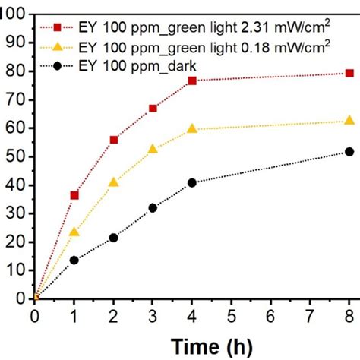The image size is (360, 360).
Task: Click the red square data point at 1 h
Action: click(x=74, y=195)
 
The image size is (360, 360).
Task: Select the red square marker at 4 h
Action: click(x=192, y=81)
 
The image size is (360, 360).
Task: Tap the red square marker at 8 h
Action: click(x=349, y=74)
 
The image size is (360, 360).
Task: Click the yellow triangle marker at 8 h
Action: click(x=349, y=120)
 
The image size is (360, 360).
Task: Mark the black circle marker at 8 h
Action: click(x=349, y=152)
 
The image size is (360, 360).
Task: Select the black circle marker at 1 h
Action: click(x=74, y=260)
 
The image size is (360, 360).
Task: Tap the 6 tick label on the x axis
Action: click(x=271, y=314)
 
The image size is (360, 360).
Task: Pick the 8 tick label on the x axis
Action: click(x=349, y=314)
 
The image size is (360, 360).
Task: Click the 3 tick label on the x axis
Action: click(x=153, y=314)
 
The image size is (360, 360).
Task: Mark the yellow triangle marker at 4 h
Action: click(x=192, y=128)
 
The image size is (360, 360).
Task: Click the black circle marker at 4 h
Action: click(x=192, y=183)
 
